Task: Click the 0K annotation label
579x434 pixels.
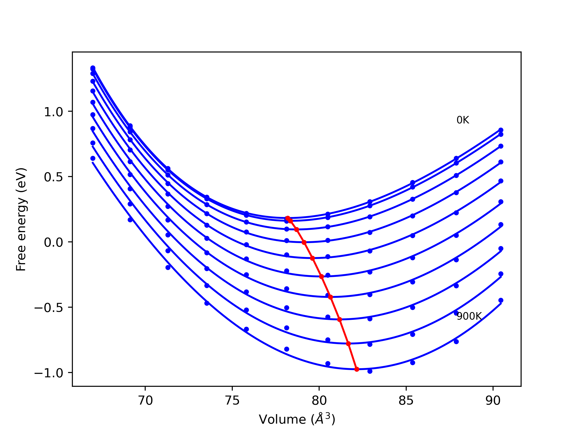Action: [463, 120]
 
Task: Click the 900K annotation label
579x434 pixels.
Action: [469, 316]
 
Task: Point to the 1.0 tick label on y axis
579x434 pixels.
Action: [53, 112]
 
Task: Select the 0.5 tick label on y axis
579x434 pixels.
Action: [53, 177]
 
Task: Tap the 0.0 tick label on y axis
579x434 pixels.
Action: [53, 243]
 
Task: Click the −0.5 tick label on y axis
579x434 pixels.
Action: [48, 308]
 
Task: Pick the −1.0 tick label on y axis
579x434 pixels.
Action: [48, 373]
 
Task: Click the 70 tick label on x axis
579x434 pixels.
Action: [145, 401]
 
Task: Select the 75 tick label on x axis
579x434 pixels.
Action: [232, 401]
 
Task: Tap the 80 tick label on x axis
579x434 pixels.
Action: [319, 401]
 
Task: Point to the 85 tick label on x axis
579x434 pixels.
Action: [406, 401]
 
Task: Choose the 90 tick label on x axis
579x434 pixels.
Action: [493, 401]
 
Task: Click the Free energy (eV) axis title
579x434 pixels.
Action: [21, 219]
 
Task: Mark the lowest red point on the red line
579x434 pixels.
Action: [357, 369]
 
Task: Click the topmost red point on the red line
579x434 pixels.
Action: [288, 218]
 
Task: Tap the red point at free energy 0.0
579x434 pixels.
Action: [304, 243]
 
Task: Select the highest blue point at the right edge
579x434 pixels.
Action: [501, 130]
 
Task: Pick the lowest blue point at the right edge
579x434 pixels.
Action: [501, 300]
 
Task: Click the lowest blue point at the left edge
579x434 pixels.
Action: [93, 158]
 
